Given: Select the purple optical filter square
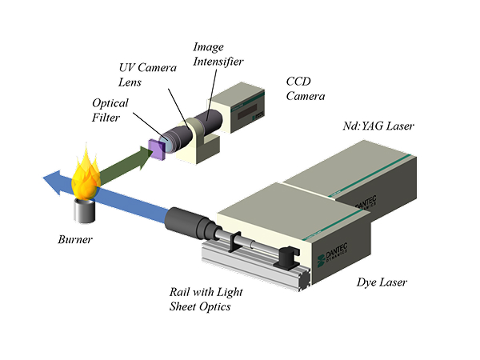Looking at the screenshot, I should pyautogui.click(x=158, y=146).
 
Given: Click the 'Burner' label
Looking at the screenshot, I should pyautogui.click(x=76, y=239).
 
